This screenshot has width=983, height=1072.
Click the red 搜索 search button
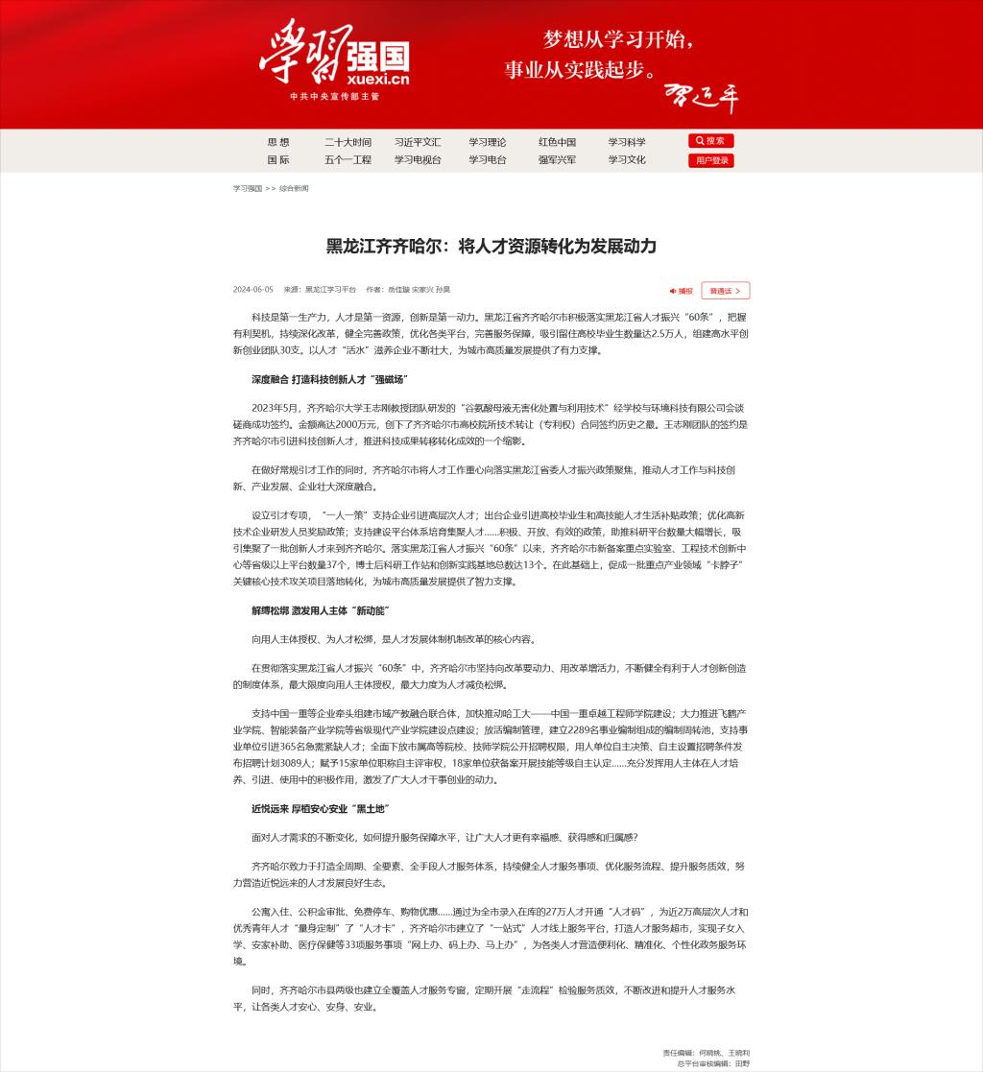pos(710,141)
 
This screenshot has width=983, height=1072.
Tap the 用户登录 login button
pos(710,160)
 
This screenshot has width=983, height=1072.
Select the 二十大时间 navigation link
pos(348,142)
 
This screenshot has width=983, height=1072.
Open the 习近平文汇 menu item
pos(418,142)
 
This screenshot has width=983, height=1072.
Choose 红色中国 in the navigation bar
pos(557,142)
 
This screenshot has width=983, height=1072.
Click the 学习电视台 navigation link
pos(418,160)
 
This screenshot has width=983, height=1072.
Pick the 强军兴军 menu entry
pos(557,160)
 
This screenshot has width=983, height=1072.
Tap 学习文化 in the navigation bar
pos(627,160)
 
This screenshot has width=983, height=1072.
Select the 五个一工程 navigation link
pos(348,160)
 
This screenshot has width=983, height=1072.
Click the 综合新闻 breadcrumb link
pos(294,189)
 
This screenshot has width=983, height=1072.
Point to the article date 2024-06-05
pos(253,289)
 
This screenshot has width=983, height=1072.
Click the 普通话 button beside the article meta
pos(725,290)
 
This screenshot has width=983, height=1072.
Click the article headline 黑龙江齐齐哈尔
pos(491,247)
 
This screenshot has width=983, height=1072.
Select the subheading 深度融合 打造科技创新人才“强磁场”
pos(328,379)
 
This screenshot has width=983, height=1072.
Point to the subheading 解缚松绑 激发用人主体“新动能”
pos(320,610)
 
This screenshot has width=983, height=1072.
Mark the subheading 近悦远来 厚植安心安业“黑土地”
pos(320,809)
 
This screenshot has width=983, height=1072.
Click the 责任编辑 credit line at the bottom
pos(706,1053)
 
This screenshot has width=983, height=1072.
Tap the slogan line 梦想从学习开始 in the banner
pos(618,40)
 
